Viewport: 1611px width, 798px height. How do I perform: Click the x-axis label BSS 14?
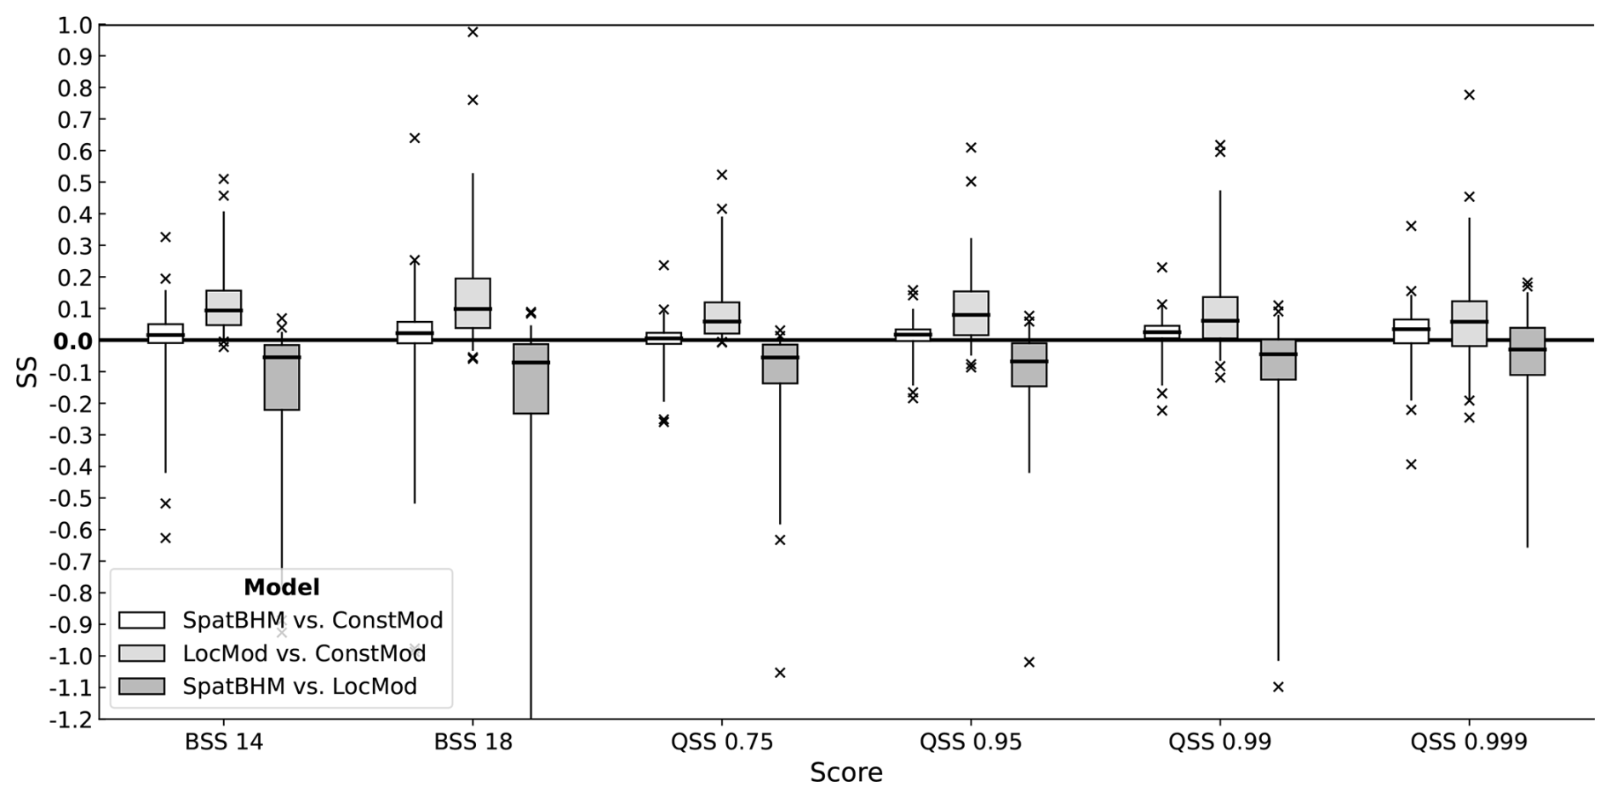224,743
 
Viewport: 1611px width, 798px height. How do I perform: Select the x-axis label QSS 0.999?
1469,743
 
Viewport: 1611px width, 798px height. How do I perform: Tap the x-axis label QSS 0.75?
722,743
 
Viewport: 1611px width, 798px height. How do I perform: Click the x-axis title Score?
846,773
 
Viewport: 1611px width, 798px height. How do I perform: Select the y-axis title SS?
27,372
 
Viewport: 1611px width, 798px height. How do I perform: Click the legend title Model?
281,588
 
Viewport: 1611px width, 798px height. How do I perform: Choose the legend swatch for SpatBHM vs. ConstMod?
141,621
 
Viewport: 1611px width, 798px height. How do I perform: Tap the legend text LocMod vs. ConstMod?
304,654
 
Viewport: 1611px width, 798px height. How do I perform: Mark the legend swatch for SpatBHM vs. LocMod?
141,686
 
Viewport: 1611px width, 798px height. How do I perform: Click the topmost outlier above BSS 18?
473,32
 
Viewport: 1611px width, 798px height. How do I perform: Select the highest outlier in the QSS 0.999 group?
1469,95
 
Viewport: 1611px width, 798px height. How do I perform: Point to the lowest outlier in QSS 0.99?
1278,686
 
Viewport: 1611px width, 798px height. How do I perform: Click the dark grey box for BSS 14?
282,377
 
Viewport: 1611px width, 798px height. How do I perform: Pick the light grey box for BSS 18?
473,303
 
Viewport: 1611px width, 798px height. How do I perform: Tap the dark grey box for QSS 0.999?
1527,351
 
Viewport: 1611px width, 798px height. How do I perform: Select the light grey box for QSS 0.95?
971,313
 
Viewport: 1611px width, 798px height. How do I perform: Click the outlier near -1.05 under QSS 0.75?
780,673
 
